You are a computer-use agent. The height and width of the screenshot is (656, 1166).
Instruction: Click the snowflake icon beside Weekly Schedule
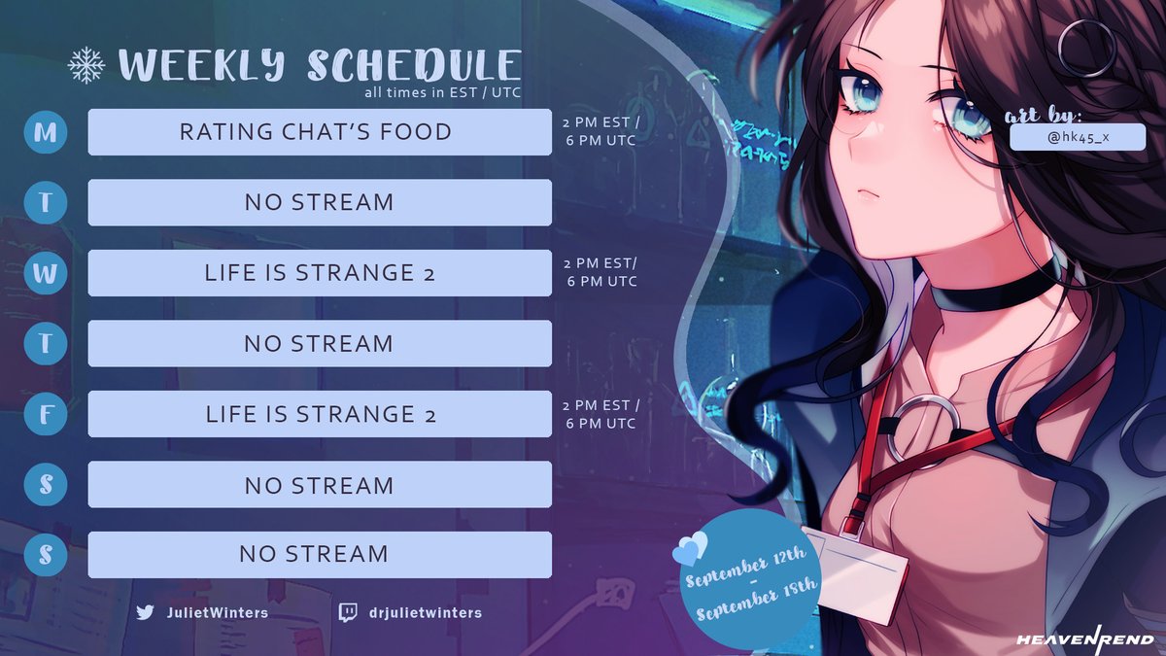coord(86,64)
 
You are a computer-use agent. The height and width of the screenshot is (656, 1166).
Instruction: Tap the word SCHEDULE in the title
coord(413,65)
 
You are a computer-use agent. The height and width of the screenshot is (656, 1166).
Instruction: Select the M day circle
coord(46,132)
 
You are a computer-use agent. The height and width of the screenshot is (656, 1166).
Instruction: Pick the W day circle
coord(46,273)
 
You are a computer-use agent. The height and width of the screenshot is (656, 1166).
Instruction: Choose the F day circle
coord(46,414)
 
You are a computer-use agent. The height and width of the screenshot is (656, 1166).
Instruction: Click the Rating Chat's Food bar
coord(319,132)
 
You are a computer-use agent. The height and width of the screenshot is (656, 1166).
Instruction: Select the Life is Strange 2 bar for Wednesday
coord(319,273)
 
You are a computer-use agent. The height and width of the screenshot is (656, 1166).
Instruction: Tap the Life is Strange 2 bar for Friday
coord(319,414)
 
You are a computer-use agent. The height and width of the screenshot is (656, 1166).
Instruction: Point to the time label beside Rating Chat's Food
coord(600,132)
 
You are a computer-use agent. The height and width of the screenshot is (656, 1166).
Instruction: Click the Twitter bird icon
coord(146,612)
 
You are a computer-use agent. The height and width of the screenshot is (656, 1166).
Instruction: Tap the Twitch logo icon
coord(347,612)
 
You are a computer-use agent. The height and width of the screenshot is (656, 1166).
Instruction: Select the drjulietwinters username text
coord(424,612)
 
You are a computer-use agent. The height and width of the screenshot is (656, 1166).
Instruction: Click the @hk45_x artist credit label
coord(1078,138)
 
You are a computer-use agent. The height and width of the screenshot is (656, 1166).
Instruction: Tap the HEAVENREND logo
coord(1084,639)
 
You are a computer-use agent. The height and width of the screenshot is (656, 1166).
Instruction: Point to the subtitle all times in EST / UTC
coord(443,93)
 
